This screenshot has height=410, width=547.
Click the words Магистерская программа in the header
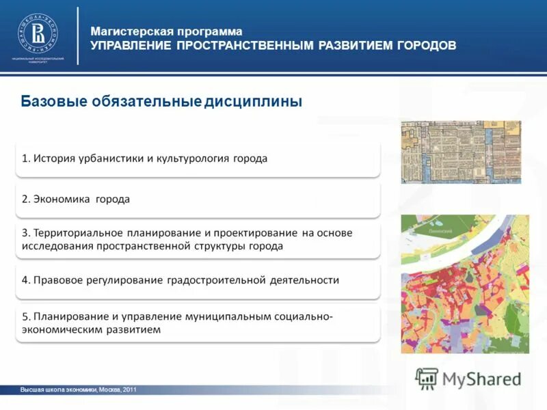pos(167,31)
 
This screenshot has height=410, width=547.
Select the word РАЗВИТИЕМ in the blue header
pos(347,46)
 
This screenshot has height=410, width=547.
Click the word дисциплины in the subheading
pos(253,102)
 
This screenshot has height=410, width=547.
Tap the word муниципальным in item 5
pos(229,316)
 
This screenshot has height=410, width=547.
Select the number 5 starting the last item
pos(25,317)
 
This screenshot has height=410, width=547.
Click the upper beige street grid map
pos(460,152)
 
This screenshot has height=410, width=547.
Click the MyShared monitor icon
pos(427,378)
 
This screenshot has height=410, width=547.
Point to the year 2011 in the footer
pos(131,389)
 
